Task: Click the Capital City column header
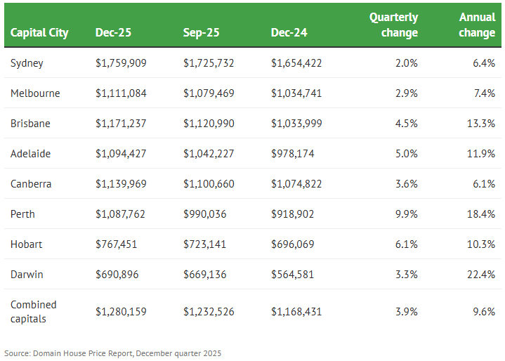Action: (x=39, y=32)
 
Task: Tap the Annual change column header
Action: (x=477, y=25)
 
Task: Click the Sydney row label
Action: (x=27, y=63)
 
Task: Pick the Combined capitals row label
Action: (x=33, y=311)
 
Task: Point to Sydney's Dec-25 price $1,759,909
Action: (x=121, y=63)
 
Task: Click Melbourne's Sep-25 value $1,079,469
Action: (x=209, y=93)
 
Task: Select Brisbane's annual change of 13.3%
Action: (x=481, y=124)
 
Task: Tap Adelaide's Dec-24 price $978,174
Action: (x=293, y=154)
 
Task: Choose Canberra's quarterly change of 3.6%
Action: (x=406, y=184)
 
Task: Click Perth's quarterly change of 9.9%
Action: (x=406, y=214)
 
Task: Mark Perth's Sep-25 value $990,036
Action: (x=205, y=214)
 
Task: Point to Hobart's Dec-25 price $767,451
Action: (x=117, y=244)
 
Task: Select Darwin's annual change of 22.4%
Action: (x=481, y=275)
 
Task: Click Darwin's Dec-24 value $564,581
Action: (x=293, y=275)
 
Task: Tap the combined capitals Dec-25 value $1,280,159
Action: (x=121, y=311)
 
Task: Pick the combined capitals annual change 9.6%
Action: (x=484, y=311)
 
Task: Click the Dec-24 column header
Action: (x=289, y=32)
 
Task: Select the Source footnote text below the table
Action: (x=112, y=353)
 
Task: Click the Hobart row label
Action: (x=26, y=244)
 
